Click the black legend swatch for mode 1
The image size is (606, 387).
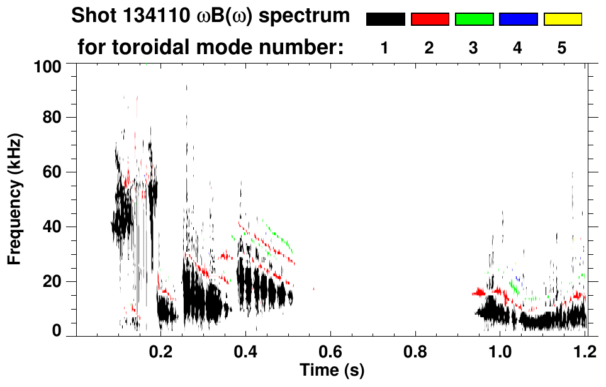point(385,20)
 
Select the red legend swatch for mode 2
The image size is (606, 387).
point(430,20)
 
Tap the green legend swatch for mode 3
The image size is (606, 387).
point(474,20)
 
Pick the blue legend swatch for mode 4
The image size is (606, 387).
point(518,20)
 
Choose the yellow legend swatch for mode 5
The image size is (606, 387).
point(562,20)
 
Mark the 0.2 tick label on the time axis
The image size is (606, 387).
point(161,351)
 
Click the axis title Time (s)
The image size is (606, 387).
point(332,371)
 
